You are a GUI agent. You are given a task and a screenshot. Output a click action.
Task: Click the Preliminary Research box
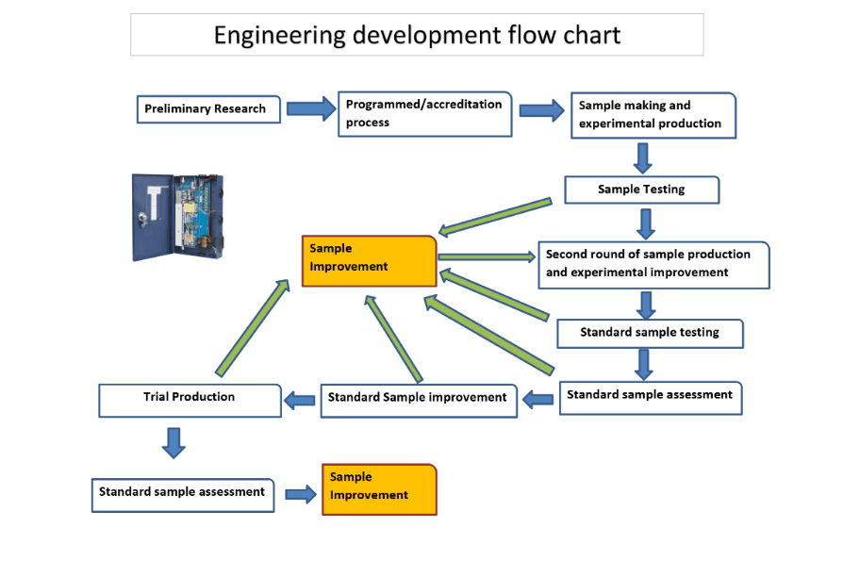(208, 109)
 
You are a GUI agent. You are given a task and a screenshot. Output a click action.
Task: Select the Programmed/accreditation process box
(424, 114)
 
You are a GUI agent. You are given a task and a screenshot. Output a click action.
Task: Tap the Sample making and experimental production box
(653, 115)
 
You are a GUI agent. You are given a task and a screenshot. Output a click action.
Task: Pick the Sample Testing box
(641, 190)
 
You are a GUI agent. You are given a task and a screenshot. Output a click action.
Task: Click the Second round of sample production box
(653, 265)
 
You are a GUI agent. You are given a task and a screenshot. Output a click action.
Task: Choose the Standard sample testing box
(650, 334)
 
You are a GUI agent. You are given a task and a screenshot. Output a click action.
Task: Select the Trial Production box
(190, 401)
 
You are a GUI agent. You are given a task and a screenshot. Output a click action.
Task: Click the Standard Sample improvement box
(419, 401)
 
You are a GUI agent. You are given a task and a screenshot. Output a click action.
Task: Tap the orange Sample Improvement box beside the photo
(369, 260)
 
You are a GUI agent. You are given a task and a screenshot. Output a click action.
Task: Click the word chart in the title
(591, 36)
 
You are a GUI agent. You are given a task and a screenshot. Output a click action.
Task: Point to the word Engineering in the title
(279, 36)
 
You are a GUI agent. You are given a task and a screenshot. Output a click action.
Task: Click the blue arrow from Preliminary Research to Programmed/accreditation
(311, 109)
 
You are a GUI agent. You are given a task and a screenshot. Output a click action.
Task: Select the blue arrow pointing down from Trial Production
(174, 443)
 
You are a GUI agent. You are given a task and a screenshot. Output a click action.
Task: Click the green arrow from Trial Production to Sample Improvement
(253, 327)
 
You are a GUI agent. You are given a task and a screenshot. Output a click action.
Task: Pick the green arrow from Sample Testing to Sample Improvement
(495, 217)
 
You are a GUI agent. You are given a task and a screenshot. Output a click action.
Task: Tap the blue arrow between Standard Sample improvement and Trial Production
(300, 401)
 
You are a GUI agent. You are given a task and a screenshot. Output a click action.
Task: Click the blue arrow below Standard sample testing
(643, 365)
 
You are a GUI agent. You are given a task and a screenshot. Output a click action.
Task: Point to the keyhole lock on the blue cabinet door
(143, 219)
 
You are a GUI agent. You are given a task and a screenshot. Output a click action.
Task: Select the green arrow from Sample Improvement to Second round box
(487, 257)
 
